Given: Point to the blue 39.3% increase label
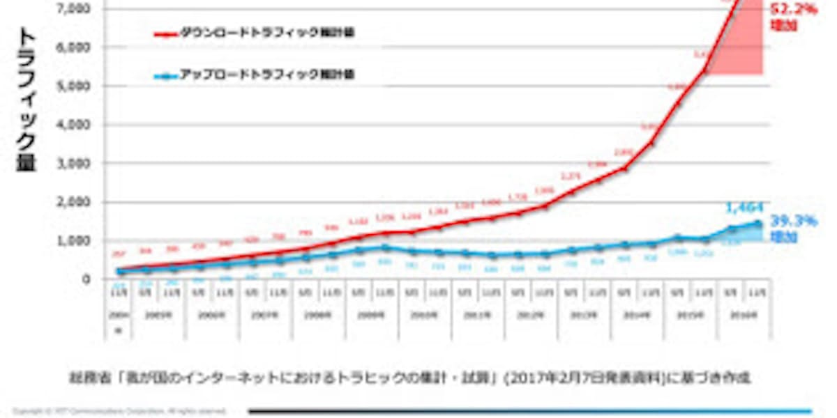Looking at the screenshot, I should pyautogui.click(x=793, y=221).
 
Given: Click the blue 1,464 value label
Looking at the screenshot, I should pyautogui.click(x=747, y=207).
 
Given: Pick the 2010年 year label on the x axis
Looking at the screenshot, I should pyautogui.click(x=425, y=315).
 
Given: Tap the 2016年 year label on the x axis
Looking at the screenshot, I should pyautogui.click(x=744, y=315).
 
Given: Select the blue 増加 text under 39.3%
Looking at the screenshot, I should pyautogui.click(x=783, y=237).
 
